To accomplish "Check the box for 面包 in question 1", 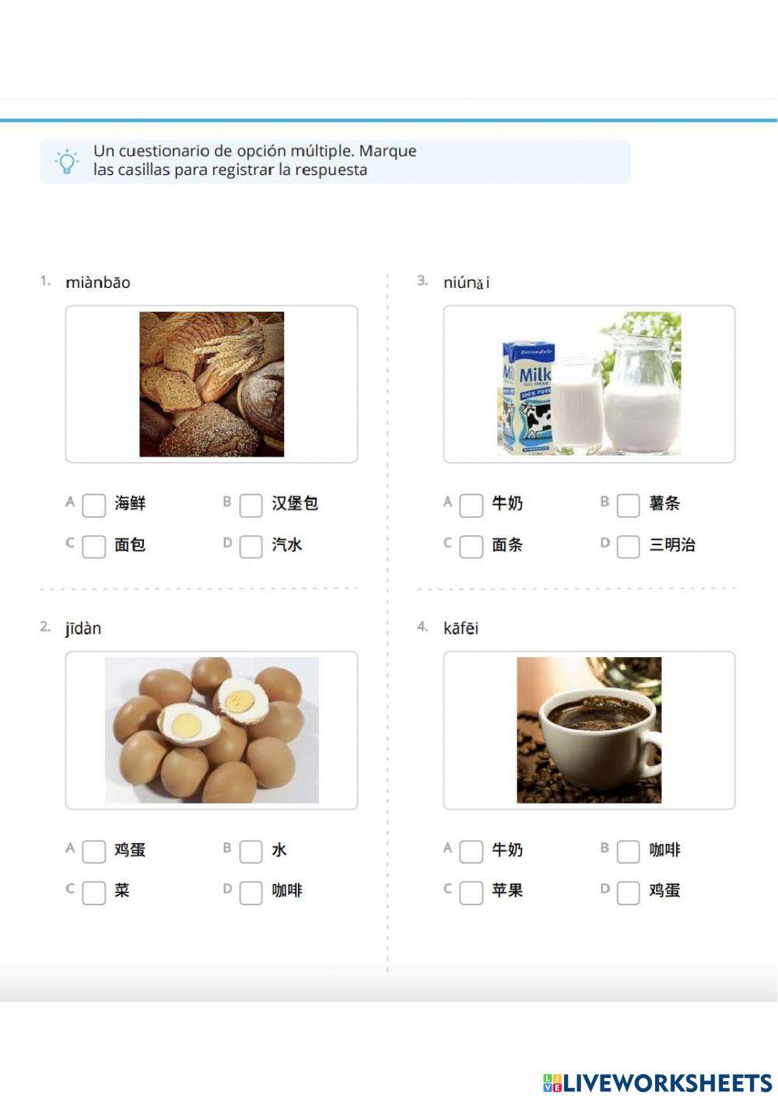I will point(94,546).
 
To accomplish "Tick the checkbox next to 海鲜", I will point(94,505).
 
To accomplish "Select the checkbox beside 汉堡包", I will point(251,505).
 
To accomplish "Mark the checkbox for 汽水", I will point(251,546).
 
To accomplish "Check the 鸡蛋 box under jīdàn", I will point(94,851).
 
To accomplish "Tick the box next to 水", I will point(251,851).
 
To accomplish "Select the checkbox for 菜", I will point(94,892).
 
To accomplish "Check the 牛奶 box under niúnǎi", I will point(471,505).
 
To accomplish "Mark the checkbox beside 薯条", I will point(628,505).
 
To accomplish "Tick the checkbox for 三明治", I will point(628,546).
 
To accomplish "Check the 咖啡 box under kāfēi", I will point(628,851).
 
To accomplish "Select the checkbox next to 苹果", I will point(471,892).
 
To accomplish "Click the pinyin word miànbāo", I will point(98,282).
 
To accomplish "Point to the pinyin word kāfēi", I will point(461,628).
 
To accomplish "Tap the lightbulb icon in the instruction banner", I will point(67,161).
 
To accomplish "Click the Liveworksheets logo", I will point(657,1083).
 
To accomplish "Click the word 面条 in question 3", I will point(507,545).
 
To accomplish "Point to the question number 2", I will point(45,627).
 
